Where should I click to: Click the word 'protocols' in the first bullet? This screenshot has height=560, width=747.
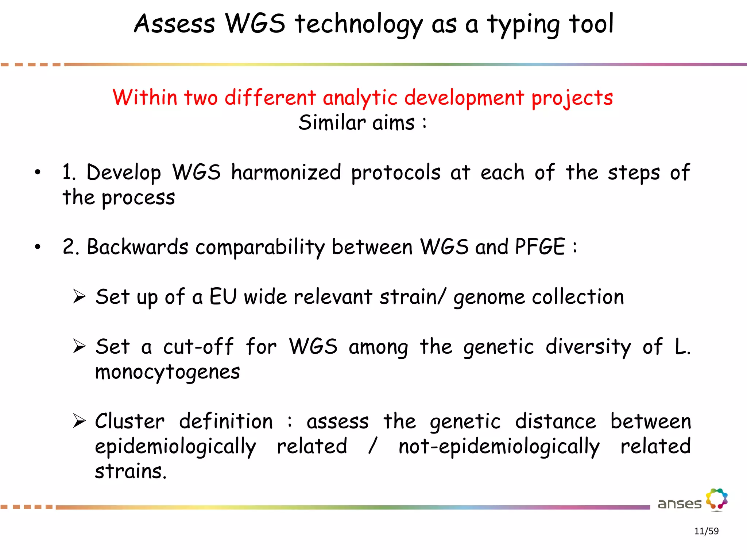pyautogui.click(x=396, y=173)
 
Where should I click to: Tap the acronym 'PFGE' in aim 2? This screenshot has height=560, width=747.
pyautogui.click(x=540, y=247)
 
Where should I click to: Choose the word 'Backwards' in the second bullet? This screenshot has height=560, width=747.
pyautogui.click(x=138, y=247)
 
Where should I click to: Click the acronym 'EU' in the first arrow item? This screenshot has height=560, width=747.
pyautogui.click(x=223, y=296)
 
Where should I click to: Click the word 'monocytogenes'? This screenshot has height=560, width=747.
pyautogui.click(x=167, y=373)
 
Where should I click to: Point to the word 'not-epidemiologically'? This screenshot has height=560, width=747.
pyautogui.click(x=499, y=447)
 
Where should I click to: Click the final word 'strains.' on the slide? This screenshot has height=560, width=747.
pyautogui.click(x=131, y=471)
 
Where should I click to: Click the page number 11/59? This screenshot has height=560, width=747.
pyautogui.click(x=706, y=531)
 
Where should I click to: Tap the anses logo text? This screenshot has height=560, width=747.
pyautogui.click(x=679, y=504)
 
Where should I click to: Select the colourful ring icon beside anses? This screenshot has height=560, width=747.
pyautogui.click(x=717, y=499)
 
